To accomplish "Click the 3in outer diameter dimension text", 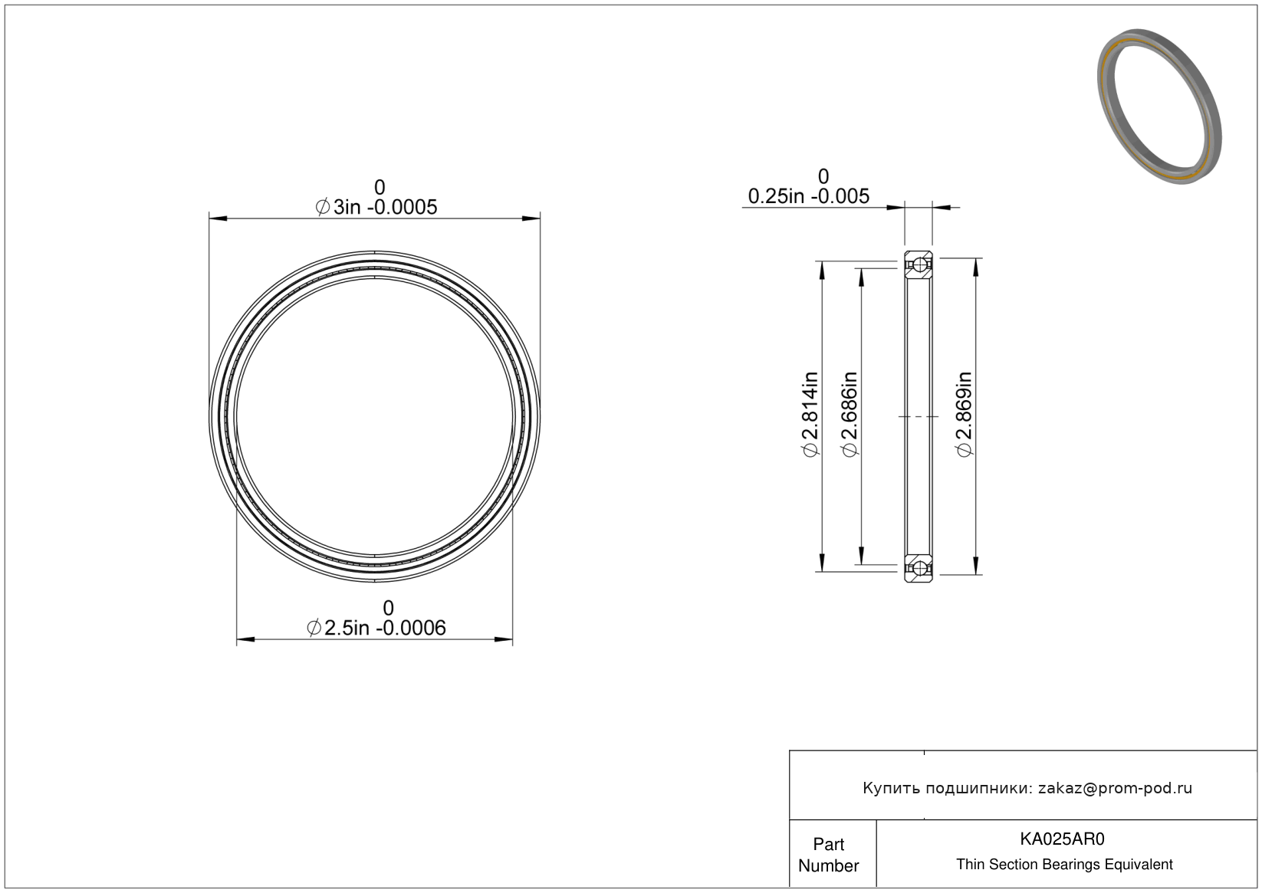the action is [x=376, y=207].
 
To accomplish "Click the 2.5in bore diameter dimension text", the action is [x=376, y=628].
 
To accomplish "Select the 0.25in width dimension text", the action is [x=808, y=196].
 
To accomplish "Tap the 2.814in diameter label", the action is [x=810, y=415].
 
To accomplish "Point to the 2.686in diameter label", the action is [x=849, y=415].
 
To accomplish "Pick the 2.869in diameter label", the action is [x=964, y=415].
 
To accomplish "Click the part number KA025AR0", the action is [x=1063, y=839].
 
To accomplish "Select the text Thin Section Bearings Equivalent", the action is [x=1064, y=865].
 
